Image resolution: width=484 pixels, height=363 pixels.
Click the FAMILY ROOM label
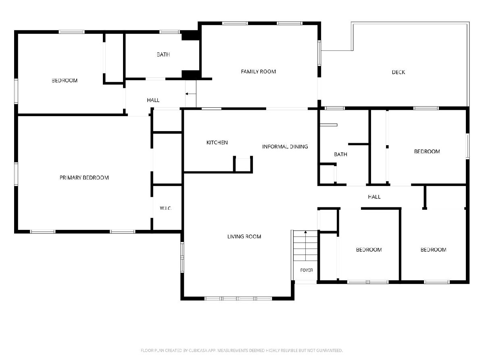point(258,72)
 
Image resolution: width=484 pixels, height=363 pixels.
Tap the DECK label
point(398,72)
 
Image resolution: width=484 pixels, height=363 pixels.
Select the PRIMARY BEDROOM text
point(84,177)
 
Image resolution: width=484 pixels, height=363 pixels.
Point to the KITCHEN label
point(217,143)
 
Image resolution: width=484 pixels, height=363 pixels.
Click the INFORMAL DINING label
point(285,146)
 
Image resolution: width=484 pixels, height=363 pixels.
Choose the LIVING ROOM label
point(244,237)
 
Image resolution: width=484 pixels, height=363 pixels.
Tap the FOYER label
point(307,270)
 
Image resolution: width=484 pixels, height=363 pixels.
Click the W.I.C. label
point(166,208)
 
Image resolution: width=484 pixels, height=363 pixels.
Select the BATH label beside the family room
point(163,55)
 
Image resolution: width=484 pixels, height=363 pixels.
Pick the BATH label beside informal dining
point(340,154)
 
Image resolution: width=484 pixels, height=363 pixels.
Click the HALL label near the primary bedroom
point(153,100)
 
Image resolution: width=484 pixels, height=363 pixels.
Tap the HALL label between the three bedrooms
point(374,197)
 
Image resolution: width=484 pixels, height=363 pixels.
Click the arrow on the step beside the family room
point(191,94)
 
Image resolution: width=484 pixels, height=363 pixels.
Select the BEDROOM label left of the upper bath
point(65,81)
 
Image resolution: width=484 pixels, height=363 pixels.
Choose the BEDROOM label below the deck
point(427,152)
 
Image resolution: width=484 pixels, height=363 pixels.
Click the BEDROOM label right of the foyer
point(369,250)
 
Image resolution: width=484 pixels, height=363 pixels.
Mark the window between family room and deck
point(319,53)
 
